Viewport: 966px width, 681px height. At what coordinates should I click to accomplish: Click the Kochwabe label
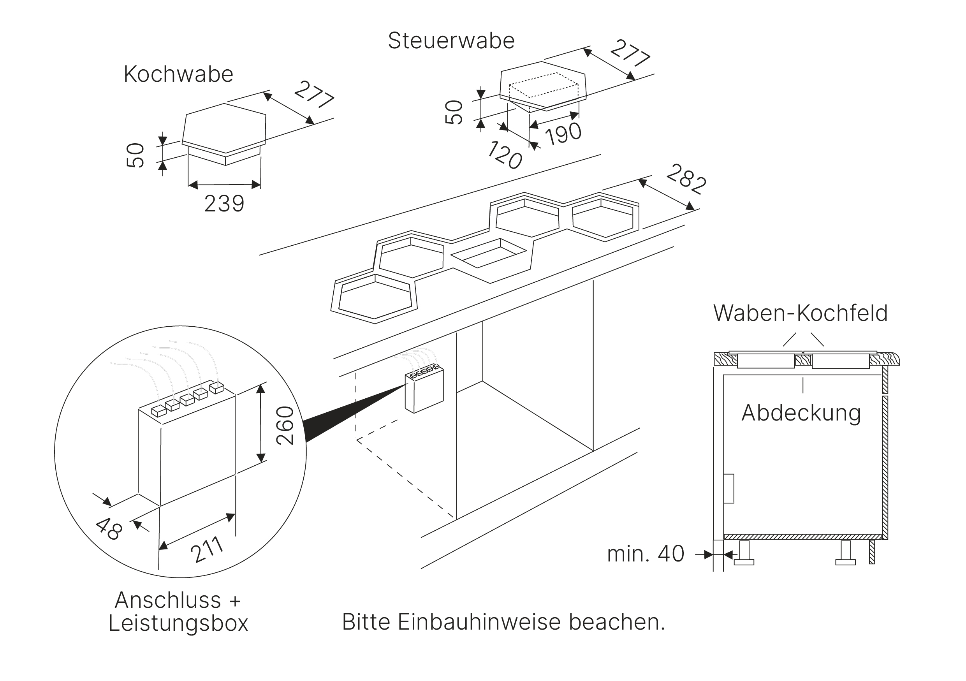[178, 74]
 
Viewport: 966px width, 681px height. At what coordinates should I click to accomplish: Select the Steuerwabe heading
[451, 41]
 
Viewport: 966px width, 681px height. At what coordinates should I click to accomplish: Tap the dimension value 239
[224, 204]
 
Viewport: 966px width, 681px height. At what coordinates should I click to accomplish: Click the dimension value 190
[563, 134]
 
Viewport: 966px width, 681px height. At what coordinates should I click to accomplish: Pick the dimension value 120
[505, 155]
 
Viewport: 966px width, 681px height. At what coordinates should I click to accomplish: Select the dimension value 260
[285, 425]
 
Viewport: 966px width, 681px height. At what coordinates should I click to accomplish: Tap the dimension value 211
[207, 550]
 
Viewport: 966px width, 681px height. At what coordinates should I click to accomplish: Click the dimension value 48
[109, 529]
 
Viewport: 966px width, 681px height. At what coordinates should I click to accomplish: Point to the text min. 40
[646, 554]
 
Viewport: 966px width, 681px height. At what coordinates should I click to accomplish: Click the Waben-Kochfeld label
[800, 313]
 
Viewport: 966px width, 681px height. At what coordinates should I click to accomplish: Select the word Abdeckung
[801, 413]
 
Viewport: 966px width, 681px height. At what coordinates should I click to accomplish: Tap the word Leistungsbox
[178, 623]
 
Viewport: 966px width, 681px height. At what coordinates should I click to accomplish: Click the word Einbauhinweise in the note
[480, 622]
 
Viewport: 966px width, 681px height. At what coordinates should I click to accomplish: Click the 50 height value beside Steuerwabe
[454, 112]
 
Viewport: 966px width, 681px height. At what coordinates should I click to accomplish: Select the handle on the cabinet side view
[729, 488]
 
